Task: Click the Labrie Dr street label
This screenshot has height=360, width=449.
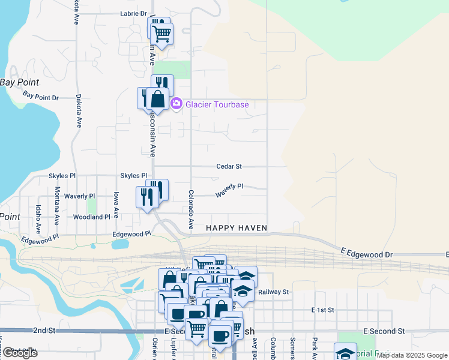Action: click(x=133, y=13)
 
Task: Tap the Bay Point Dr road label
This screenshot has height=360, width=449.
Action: click(x=41, y=95)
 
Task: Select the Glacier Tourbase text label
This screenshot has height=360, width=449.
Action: click(x=217, y=104)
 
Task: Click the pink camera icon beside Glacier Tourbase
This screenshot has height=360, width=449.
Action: click(x=176, y=104)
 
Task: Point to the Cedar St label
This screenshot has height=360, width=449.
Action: click(x=229, y=166)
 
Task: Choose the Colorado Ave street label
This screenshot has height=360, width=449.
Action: click(x=190, y=209)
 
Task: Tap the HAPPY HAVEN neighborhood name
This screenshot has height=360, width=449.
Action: click(x=236, y=228)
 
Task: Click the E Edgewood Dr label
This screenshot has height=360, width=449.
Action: click(x=366, y=254)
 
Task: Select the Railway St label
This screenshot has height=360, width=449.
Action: click(x=274, y=292)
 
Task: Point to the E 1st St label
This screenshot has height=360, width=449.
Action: click(x=322, y=310)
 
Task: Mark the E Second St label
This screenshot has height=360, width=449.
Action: click(x=384, y=331)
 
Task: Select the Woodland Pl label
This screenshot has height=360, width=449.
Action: click(x=91, y=217)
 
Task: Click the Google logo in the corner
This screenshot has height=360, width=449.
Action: click(x=19, y=353)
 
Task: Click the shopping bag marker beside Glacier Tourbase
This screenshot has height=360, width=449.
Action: click(x=157, y=99)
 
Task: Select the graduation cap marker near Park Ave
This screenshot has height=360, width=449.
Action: click(x=345, y=352)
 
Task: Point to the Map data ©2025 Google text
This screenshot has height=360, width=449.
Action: click(x=412, y=355)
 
